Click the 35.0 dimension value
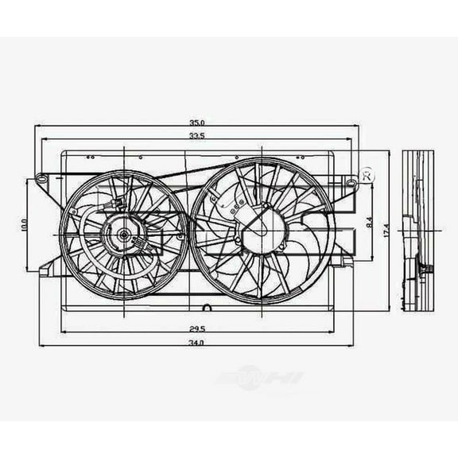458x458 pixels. pos(197,122)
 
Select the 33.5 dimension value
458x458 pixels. pos(197,137)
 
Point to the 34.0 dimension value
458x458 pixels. pos(196,342)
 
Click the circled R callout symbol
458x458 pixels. pos(367,175)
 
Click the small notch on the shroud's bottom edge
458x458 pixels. pos(206,308)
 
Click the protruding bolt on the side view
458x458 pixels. pos(429,273)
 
